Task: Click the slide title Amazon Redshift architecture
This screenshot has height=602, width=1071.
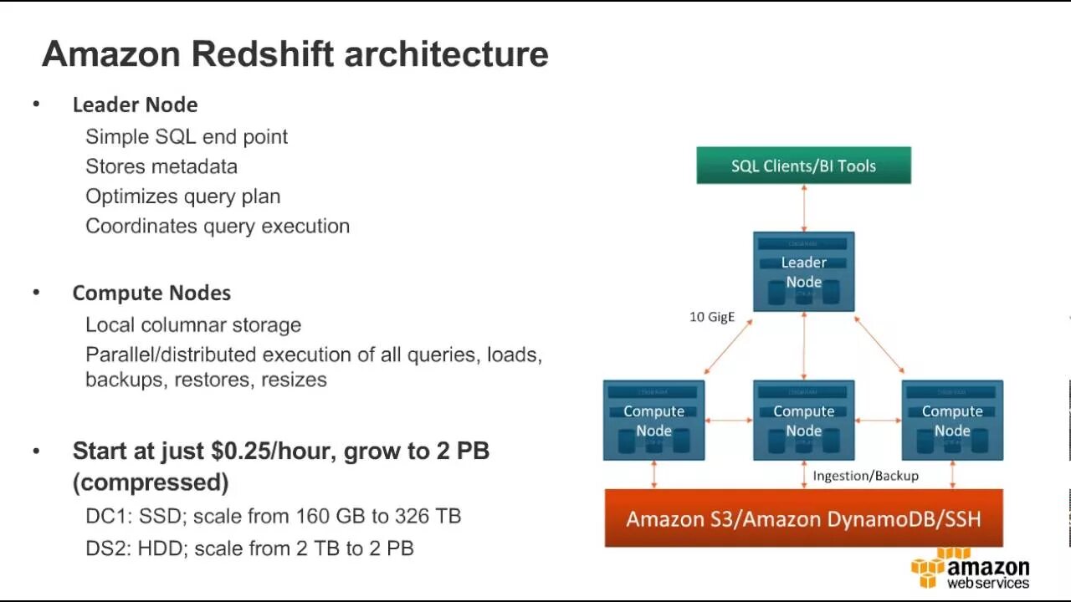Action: (295, 54)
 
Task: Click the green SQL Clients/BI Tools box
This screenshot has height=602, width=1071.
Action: (803, 166)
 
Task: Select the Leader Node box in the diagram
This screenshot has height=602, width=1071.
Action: (803, 272)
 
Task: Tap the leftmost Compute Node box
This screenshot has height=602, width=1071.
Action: (653, 421)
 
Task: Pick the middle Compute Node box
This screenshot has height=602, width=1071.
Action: (803, 421)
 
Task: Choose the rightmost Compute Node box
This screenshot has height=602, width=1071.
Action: (952, 421)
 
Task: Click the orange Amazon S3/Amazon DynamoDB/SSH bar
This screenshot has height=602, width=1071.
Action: (803, 518)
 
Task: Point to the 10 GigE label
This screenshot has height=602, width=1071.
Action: (712, 317)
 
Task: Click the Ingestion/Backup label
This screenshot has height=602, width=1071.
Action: (865, 476)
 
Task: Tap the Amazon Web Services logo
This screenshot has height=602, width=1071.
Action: (971, 569)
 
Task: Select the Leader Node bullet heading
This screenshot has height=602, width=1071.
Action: (135, 105)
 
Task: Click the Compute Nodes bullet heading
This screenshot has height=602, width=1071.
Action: (151, 293)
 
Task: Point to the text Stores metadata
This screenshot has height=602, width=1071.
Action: (161, 166)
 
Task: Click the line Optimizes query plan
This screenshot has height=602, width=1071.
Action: (182, 196)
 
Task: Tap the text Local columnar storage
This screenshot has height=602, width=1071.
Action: (193, 324)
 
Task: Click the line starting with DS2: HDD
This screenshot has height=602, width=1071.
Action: (249, 548)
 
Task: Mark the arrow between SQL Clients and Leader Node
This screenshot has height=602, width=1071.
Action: (804, 207)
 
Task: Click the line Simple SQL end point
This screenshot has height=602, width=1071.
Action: (187, 136)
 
